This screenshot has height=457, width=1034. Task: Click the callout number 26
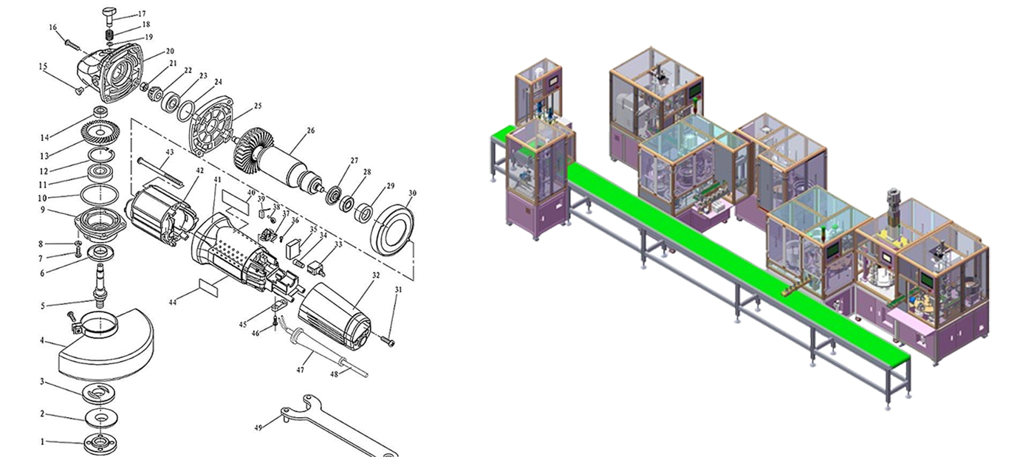pyautogui.click(x=311, y=131)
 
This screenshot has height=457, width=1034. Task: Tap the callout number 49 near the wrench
pyautogui.click(x=258, y=428)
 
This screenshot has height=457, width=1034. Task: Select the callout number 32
pyautogui.click(x=376, y=275)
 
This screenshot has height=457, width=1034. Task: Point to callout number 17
pyautogui.click(x=142, y=14)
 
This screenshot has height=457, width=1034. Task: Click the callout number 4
pyautogui.click(x=42, y=340)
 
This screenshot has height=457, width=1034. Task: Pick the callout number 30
pyautogui.click(x=412, y=193)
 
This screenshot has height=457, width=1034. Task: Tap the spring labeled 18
pyautogui.click(x=110, y=35)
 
